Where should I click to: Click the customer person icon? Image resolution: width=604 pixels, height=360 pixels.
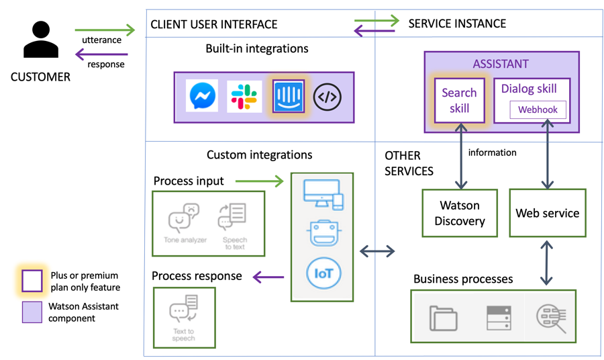point(41,41)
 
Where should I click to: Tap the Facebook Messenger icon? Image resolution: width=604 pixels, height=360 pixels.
point(203,97)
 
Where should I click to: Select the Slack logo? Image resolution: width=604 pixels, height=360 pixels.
point(245,97)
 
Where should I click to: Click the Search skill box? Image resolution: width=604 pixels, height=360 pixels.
point(459,101)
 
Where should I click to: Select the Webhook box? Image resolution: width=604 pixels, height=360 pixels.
point(538,109)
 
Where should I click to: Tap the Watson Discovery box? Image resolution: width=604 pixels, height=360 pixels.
point(460,213)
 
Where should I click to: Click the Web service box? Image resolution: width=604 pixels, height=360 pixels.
point(547,213)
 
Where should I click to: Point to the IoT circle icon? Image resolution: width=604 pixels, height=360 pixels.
point(323,273)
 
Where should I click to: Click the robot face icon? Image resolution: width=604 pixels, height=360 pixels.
point(323,232)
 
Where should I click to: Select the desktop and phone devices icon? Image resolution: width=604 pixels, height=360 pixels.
point(323,193)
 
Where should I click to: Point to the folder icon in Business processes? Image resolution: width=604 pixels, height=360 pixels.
point(444,318)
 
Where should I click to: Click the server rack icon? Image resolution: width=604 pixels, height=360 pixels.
point(499,318)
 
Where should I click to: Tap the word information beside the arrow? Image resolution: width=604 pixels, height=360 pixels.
point(492,152)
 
